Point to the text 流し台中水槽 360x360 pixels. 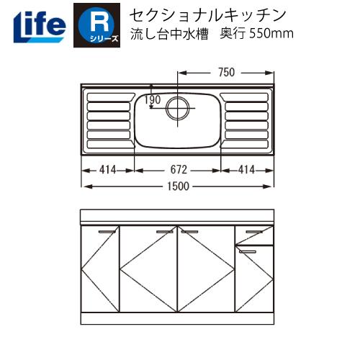pyautogui.click(x=164, y=35)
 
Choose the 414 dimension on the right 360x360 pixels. pyautogui.click(x=248, y=171)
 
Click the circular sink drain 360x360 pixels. pyautogui.click(x=178, y=109)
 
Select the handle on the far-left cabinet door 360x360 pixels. pyautogui.click(x=107, y=232)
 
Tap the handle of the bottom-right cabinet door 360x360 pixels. pyautogui.click(x=248, y=250)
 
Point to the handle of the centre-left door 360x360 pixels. pyautogui.click(x=165, y=232)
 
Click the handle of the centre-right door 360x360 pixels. pyautogui.click(x=190, y=232)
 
